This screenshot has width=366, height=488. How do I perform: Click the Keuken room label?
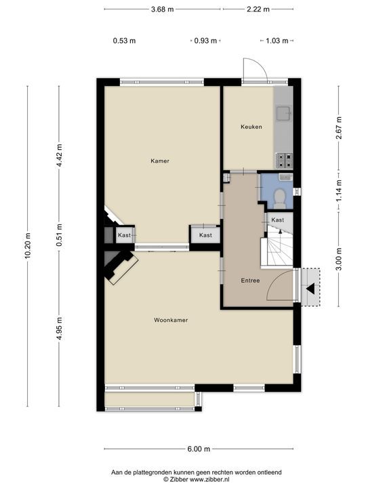pos(251,127)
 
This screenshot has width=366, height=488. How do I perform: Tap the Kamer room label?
pos(159,161)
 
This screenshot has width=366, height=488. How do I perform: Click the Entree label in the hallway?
pos(250,281)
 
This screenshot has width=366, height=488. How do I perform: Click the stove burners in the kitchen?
pos(283,161)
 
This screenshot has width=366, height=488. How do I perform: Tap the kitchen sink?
pos(283,113)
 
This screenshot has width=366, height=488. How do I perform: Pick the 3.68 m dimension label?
pos(161,9)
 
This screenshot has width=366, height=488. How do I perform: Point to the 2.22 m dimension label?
pos(258,9)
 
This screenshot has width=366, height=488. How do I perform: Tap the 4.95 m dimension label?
pos(60,329)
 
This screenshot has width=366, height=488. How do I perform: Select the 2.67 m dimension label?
pos(338,128)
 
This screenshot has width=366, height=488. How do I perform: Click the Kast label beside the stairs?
pos(277,220)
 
